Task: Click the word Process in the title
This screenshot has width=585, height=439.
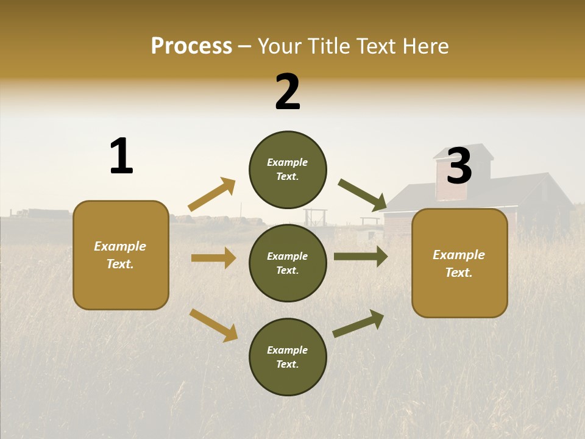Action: (x=191, y=46)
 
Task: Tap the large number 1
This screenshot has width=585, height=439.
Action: (x=121, y=157)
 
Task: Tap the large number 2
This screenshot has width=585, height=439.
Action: (x=288, y=92)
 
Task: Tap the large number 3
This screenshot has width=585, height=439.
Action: (x=459, y=166)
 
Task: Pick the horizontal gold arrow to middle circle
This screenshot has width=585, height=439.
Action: (x=213, y=258)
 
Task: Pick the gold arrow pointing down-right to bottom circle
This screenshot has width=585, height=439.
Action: (x=213, y=325)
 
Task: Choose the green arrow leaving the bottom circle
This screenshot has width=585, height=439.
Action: (x=358, y=324)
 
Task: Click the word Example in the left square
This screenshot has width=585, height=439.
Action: (x=120, y=246)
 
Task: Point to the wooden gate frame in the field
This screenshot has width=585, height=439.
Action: (x=315, y=217)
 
